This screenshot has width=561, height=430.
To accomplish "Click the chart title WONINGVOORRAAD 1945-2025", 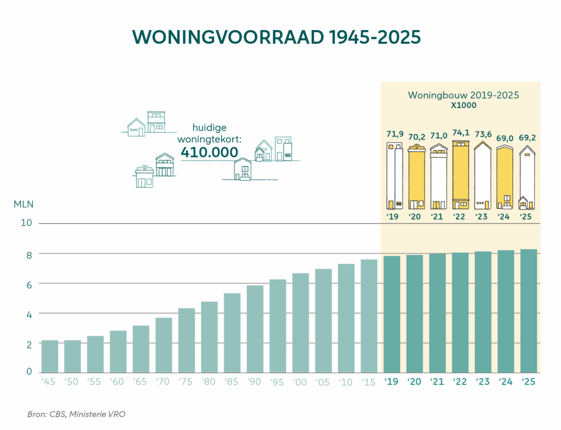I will tap(280, 37).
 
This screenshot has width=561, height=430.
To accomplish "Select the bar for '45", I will tap(50, 356).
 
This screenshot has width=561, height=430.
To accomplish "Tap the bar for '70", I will tap(164, 345).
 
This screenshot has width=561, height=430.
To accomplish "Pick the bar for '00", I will tap(301, 323).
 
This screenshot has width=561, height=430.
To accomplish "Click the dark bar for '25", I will tap(528, 311).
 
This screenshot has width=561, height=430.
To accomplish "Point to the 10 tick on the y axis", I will tap(27, 223).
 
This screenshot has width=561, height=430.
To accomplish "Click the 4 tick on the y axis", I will tap(29, 314).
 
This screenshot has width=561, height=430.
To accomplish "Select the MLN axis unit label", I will tap(24, 204).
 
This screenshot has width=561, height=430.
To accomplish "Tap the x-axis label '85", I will tap(232, 382).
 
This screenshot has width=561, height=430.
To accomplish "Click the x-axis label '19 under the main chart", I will tap(391, 381).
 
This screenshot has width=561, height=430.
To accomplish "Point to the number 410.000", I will tap(209, 152).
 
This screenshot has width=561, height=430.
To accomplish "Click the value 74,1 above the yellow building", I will tap(460, 133).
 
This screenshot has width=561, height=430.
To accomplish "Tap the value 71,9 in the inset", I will tap(395, 135).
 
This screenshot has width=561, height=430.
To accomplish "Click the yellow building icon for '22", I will tap(460, 175).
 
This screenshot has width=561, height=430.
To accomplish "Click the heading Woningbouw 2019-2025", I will tap(463, 95).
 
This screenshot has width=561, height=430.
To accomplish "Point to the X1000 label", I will tap(463, 105).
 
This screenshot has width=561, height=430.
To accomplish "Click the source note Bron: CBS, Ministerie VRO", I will tap(76, 414).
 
